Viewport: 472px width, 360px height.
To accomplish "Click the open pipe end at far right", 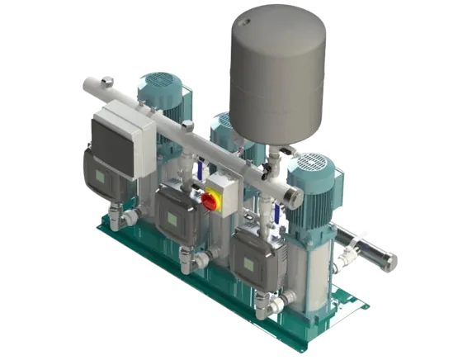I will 389,263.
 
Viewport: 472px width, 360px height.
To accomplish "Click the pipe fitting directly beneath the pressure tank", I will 267,168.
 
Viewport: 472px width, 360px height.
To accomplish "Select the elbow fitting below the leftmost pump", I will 128,220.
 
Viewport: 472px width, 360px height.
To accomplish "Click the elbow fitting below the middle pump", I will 197,260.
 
